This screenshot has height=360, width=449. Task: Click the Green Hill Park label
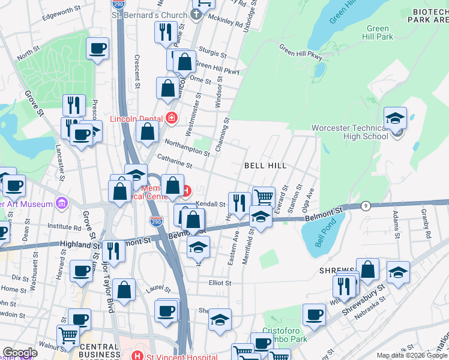pyautogui.click(x=379, y=32)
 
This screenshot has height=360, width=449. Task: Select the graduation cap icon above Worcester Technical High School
pyautogui.click(x=396, y=117)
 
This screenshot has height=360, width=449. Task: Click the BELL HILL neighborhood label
pyautogui.click(x=264, y=165)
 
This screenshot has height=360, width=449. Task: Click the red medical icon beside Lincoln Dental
pyautogui.click(x=172, y=117)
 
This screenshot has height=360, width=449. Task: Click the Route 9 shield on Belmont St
pyautogui.click(x=365, y=206)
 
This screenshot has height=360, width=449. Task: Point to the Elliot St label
pyautogui.click(x=220, y=283)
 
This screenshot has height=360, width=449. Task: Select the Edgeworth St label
pyautogui.click(x=62, y=10)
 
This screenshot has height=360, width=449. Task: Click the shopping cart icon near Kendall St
pyautogui.click(x=264, y=196)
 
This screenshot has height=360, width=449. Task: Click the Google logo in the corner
pyautogui.click(x=20, y=353)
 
